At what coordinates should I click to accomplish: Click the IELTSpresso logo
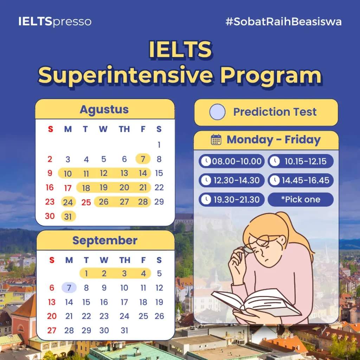[55, 21]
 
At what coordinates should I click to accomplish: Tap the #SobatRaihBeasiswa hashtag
[284, 21]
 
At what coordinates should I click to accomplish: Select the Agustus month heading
[104, 110]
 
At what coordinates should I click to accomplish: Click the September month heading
[105, 240]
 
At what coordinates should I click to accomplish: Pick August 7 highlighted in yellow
[143, 159]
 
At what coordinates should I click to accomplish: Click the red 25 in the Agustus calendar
[86, 202]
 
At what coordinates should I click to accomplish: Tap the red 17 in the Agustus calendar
[68, 188]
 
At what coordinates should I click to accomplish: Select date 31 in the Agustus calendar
[68, 216]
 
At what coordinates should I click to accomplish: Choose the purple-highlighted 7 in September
[69, 288]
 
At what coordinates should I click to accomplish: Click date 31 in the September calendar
[124, 330]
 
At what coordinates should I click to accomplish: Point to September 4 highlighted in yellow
[143, 274]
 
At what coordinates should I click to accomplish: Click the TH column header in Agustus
[124, 129]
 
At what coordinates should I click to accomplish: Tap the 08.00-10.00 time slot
[232, 161]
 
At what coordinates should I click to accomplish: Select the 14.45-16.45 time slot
[301, 180]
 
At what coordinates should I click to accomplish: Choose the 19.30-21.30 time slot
[232, 200]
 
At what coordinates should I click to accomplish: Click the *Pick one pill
[301, 200]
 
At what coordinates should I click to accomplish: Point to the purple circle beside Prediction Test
[217, 112]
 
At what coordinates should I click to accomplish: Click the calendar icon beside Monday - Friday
[216, 140]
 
